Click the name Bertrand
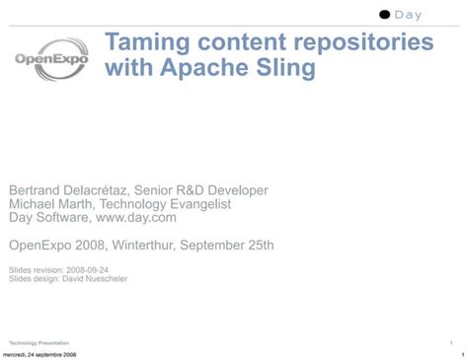(x=38, y=189)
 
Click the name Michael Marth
(x=56, y=203)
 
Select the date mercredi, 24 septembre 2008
(x=39, y=354)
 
